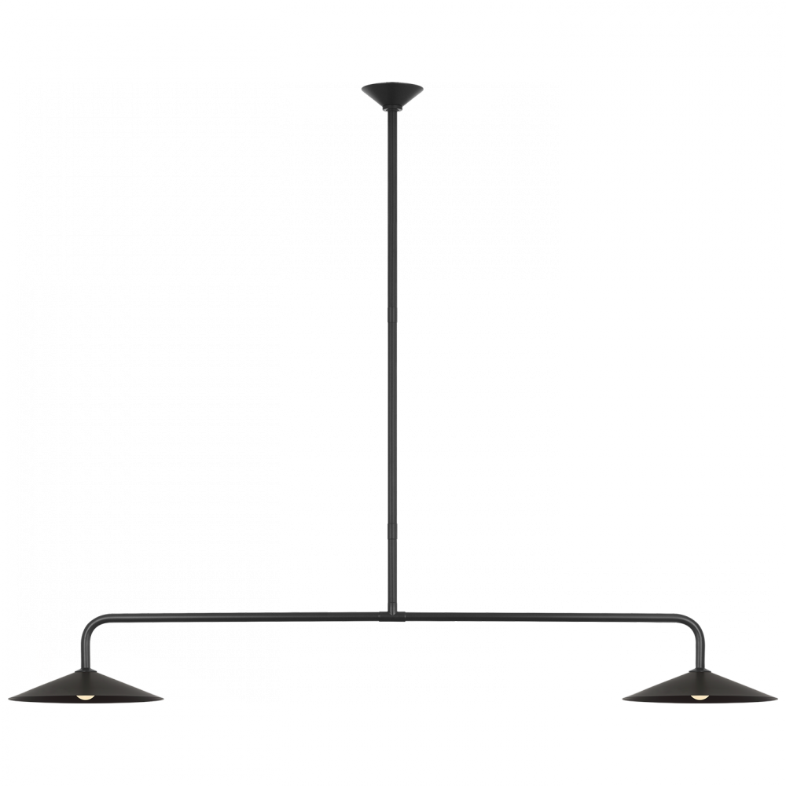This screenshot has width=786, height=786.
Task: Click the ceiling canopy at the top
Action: pyautogui.click(x=391, y=95)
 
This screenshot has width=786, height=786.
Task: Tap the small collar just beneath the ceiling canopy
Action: pyautogui.click(x=391, y=112)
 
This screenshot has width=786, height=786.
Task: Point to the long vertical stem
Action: pyautogui.click(x=391, y=354)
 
